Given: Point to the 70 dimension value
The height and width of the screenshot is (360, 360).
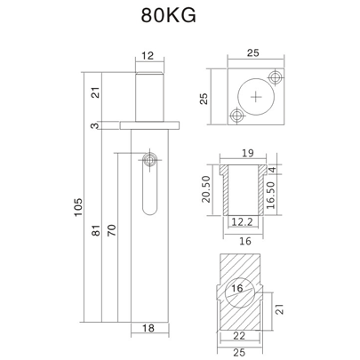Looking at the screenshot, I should [112, 229].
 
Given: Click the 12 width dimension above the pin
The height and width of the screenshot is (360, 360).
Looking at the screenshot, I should [148, 56].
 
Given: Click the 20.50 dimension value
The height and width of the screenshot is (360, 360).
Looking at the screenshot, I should [206, 187].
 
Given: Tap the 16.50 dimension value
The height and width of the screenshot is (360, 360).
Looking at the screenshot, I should [282, 189].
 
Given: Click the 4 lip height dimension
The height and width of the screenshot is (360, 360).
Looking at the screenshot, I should [282, 168].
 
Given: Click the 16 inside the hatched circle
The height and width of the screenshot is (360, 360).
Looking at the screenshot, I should [237, 288].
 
